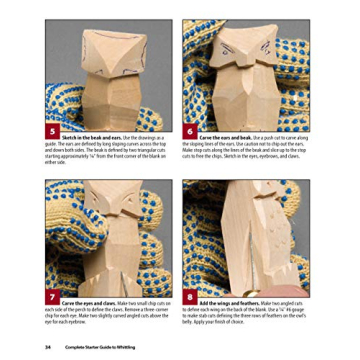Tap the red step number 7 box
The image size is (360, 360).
[52, 299]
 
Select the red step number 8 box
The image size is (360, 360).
[189, 299]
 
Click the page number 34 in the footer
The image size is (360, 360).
[47, 346]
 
